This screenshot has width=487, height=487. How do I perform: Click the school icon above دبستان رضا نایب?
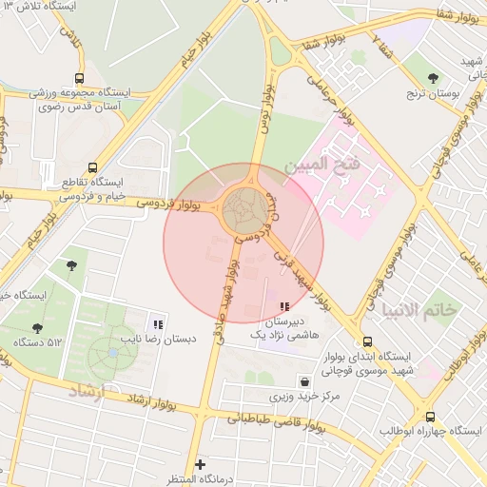coord(158,324)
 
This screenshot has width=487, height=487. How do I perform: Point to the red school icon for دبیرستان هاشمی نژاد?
coord(283,306)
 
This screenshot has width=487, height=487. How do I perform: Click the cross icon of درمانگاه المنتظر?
coord(199,463)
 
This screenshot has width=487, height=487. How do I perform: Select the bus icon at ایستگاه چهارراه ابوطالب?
coord(430,417)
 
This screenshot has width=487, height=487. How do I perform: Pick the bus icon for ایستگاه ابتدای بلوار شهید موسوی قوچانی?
coord(367,342)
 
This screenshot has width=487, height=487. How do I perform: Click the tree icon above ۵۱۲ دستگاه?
coord(37,328)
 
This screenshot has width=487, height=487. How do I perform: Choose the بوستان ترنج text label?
coord(433,95)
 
